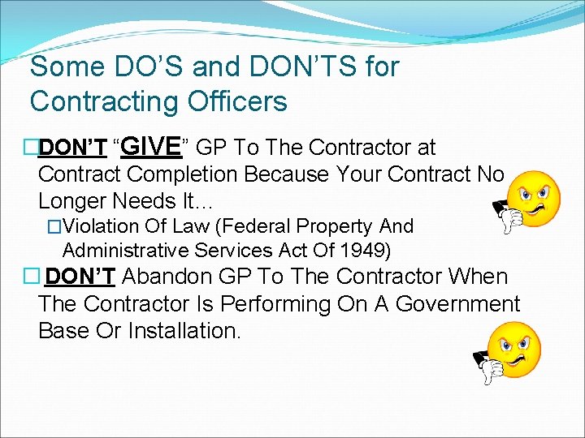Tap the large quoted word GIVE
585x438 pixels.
(154, 146)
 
